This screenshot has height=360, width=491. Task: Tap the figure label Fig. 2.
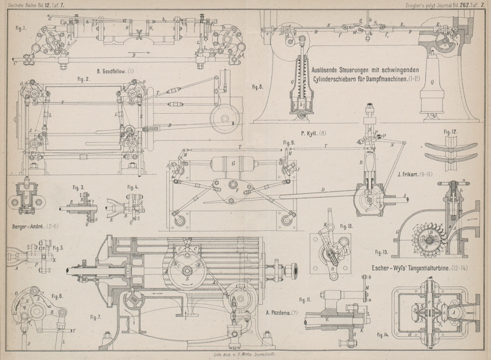[x=83, y=79]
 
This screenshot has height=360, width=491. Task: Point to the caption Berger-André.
[x=31, y=226]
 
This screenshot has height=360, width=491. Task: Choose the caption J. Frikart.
[x=411, y=174]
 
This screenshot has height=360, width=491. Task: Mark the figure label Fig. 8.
[x=258, y=86]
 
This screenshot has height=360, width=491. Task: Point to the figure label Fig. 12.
[x=450, y=132]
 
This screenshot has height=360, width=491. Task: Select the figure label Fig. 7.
[x=96, y=317]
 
